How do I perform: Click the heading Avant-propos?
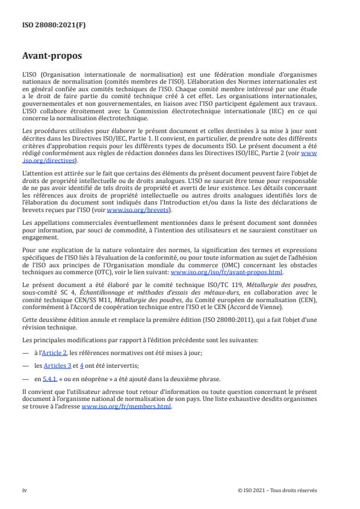click(x=52, y=57)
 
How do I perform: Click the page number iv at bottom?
click(x=24, y=490)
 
